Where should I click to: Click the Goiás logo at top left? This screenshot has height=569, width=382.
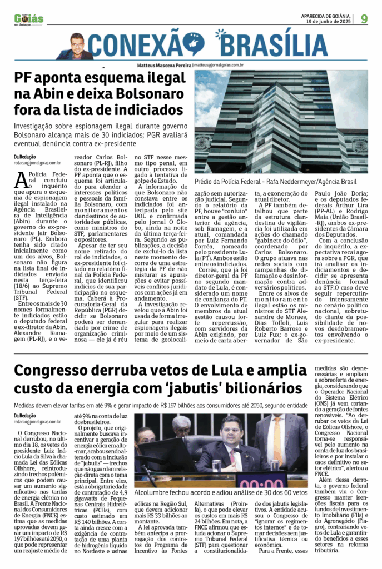click(29, 19)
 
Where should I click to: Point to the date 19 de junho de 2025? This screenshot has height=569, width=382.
click(328, 21)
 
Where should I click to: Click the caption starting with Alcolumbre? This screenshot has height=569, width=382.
click(220, 492)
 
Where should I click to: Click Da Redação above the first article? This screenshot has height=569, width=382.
click(25, 157)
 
